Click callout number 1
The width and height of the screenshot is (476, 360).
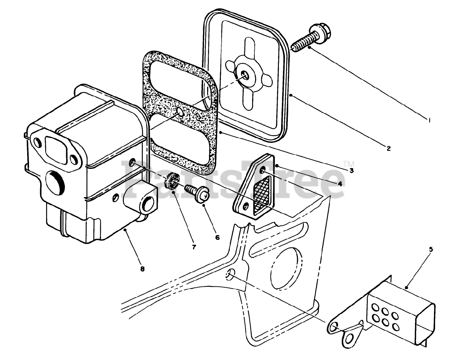pyautogui.click(x=429, y=120)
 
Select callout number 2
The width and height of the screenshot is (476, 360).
pyautogui.click(x=388, y=148)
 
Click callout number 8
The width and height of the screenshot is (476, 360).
pyautogui.click(x=142, y=269)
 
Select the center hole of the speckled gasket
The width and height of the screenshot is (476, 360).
pyautogui.click(x=180, y=112)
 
